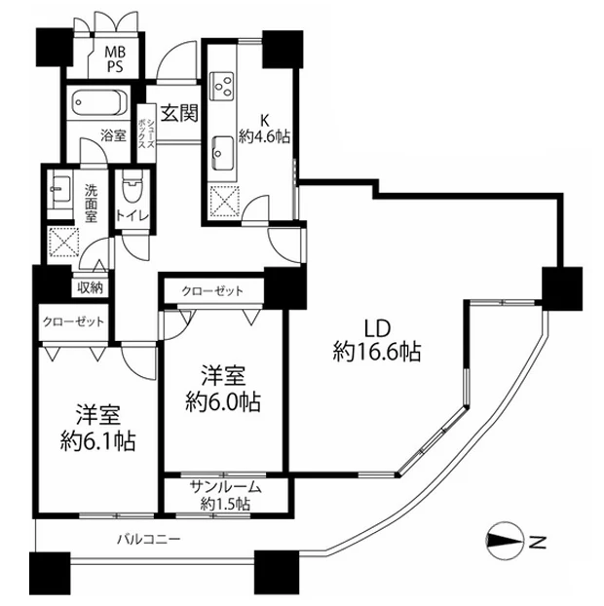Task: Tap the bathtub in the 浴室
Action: (99, 102)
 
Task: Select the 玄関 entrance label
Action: (179, 113)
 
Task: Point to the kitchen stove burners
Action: (222, 86)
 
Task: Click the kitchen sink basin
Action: (222, 153)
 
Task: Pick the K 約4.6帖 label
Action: (265, 129)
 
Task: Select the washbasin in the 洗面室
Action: (60, 189)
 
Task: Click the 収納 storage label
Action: (90, 287)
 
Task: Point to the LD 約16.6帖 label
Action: (377, 340)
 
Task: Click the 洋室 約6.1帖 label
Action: (98, 428)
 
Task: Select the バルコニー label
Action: (149, 539)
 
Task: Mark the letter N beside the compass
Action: (537, 543)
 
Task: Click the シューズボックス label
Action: (146, 127)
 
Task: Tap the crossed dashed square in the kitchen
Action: (224, 202)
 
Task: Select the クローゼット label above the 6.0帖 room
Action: (212, 290)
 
